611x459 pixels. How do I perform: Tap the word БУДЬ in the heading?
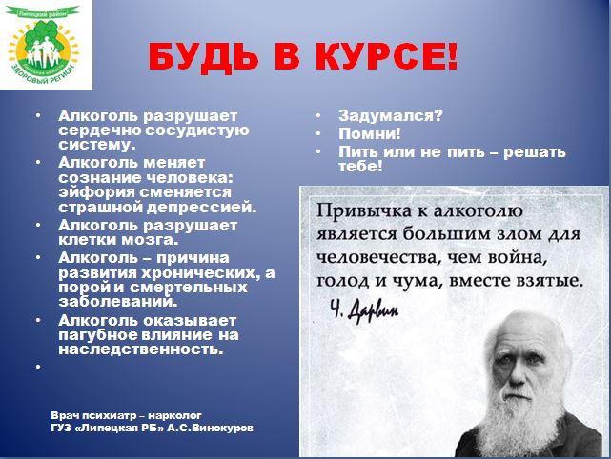pyautogui.click(x=203, y=57)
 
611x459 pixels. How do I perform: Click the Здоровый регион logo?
pyautogui.click(x=44, y=46)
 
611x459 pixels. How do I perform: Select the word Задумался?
pyautogui.click(x=391, y=115)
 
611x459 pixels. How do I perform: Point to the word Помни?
pyautogui.click(x=370, y=133)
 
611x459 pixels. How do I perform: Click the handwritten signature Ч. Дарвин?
pyautogui.click(x=364, y=311)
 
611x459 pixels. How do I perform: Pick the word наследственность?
pyautogui.click(x=141, y=349)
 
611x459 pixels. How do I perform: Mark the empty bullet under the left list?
pyautogui.click(x=38, y=367)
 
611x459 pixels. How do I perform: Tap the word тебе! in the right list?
pyautogui.click(x=360, y=167)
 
